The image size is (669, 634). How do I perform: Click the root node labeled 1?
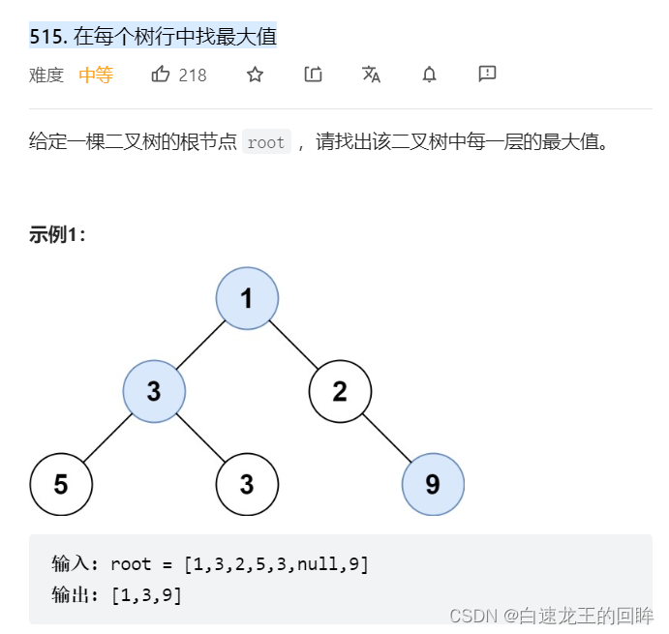point(247,298)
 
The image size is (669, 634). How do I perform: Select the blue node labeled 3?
point(154,391)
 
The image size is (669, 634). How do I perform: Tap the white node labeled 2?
point(340,391)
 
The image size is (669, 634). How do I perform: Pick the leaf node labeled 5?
point(61,484)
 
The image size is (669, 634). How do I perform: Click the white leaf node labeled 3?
point(247,484)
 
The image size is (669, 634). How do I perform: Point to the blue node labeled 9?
point(433,484)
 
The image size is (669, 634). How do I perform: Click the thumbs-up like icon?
point(161,75)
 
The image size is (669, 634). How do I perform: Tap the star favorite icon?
point(255,75)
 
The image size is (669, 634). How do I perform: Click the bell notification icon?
point(429,75)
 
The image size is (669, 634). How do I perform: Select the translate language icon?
point(371,75)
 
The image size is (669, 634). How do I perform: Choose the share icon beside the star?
point(313,75)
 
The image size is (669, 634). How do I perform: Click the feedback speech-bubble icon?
point(487,75)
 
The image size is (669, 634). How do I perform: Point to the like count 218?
point(193,75)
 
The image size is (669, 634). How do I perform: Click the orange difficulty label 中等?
point(96,75)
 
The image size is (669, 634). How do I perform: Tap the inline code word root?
point(265,143)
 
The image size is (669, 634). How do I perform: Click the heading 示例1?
point(58,235)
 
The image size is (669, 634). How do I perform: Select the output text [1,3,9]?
point(146,595)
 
